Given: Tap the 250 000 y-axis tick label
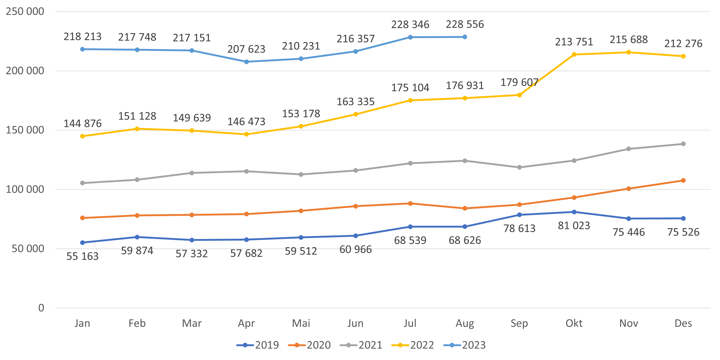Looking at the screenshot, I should click(x=25, y=11).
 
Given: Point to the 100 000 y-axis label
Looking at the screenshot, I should click(x=25, y=189).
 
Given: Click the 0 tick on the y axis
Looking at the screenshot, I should click(x=41, y=308).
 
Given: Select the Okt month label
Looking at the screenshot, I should click(x=574, y=323).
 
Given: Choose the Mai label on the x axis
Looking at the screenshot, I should click(x=301, y=323).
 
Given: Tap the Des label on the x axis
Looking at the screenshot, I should click(x=683, y=323).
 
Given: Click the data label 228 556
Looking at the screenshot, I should click(x=465, y=24).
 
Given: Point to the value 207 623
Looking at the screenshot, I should click(x=246, y=49).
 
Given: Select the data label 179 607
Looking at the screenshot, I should click(x=519, y=82).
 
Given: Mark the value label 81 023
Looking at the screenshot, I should click(x=574, y=226).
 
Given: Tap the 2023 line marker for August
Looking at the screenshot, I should click(x=465, y=37).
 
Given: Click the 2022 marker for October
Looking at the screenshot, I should click(x=574, y=54).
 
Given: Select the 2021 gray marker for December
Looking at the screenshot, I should click(x=683, y=144).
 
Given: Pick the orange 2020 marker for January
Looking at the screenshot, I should click(x=82, y=218).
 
